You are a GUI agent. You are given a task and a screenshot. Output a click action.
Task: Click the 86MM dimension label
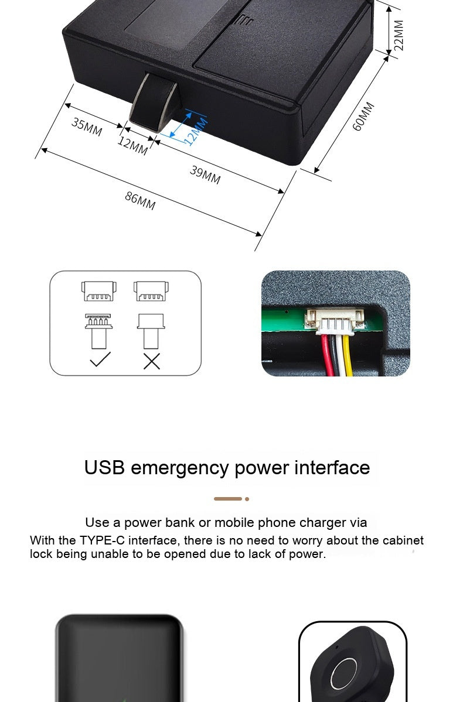tap(140, 201)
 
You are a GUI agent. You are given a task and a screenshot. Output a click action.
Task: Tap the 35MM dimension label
tap(87, 126)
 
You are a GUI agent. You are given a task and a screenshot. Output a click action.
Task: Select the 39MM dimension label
tap(205, 174)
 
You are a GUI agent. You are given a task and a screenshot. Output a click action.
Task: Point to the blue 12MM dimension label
tap(196, 131)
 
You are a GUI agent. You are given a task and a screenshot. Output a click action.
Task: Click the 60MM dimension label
tap(363, 117)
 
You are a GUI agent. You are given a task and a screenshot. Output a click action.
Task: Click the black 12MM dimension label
tap(132, 146)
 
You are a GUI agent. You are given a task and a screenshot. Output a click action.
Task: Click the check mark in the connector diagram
tap(100, 359)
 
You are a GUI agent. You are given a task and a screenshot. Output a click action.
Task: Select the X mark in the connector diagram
tap(152, 361)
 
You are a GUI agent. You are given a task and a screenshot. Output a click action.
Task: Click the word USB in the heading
tap(104, 468)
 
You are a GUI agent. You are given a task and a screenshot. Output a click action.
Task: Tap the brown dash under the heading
tap(228, 499)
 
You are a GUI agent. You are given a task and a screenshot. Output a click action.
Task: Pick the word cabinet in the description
tap(403, 540)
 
